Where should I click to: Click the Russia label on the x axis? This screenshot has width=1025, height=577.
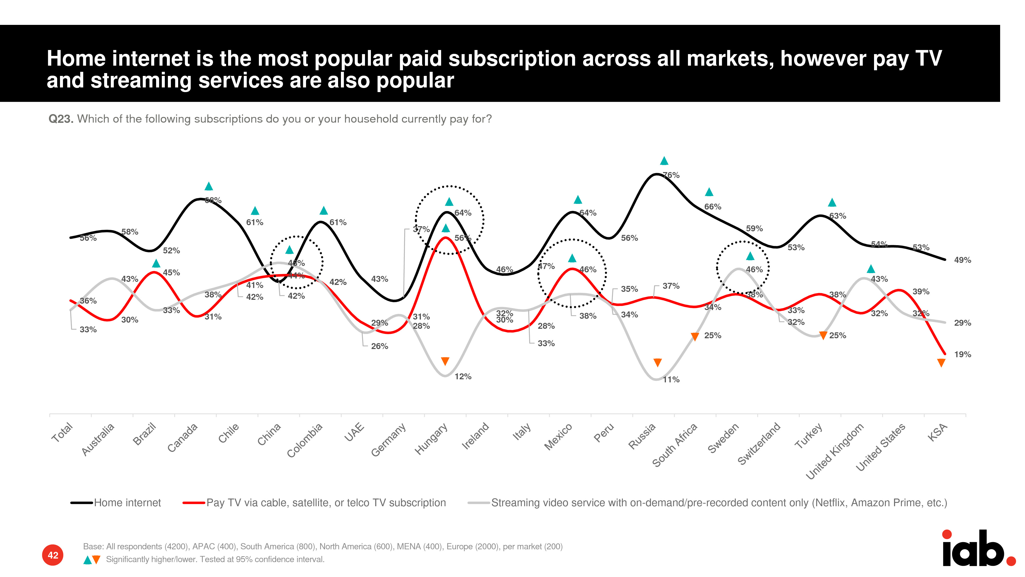pos(641,436)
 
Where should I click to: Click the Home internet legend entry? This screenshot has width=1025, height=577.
pos(127,503)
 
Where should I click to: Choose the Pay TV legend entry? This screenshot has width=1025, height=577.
pos(326,503)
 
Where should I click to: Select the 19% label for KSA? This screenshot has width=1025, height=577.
pos(962,354)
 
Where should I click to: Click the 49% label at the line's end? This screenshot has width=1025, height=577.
pos(962,260)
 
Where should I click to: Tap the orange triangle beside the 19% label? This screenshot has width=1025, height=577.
pos(941,363)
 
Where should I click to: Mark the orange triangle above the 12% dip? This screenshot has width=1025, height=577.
pos(445,361)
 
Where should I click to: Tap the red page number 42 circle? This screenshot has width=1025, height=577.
pos(53,555)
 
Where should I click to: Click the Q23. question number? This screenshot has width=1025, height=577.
pos(60,119)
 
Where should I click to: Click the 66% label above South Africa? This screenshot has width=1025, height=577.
pos(712,207)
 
